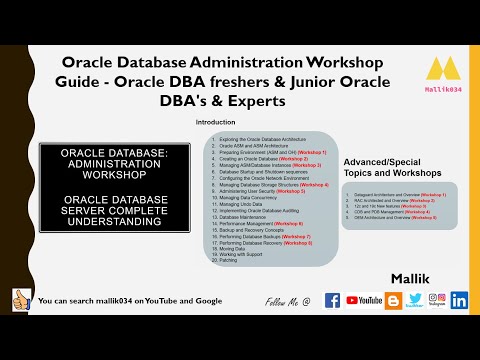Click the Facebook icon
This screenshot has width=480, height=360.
point(332,300)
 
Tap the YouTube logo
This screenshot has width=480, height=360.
point(365,300)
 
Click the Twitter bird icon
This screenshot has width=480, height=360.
point(415,298)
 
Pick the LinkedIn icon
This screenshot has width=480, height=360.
point(459,300)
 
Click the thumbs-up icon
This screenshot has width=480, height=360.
point(21,299)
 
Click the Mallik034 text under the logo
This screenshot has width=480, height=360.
point(442,89)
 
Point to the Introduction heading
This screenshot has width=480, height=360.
point(215,121)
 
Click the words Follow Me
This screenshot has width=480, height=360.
point(284,301)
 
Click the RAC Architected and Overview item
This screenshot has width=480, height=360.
point(395,199)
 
